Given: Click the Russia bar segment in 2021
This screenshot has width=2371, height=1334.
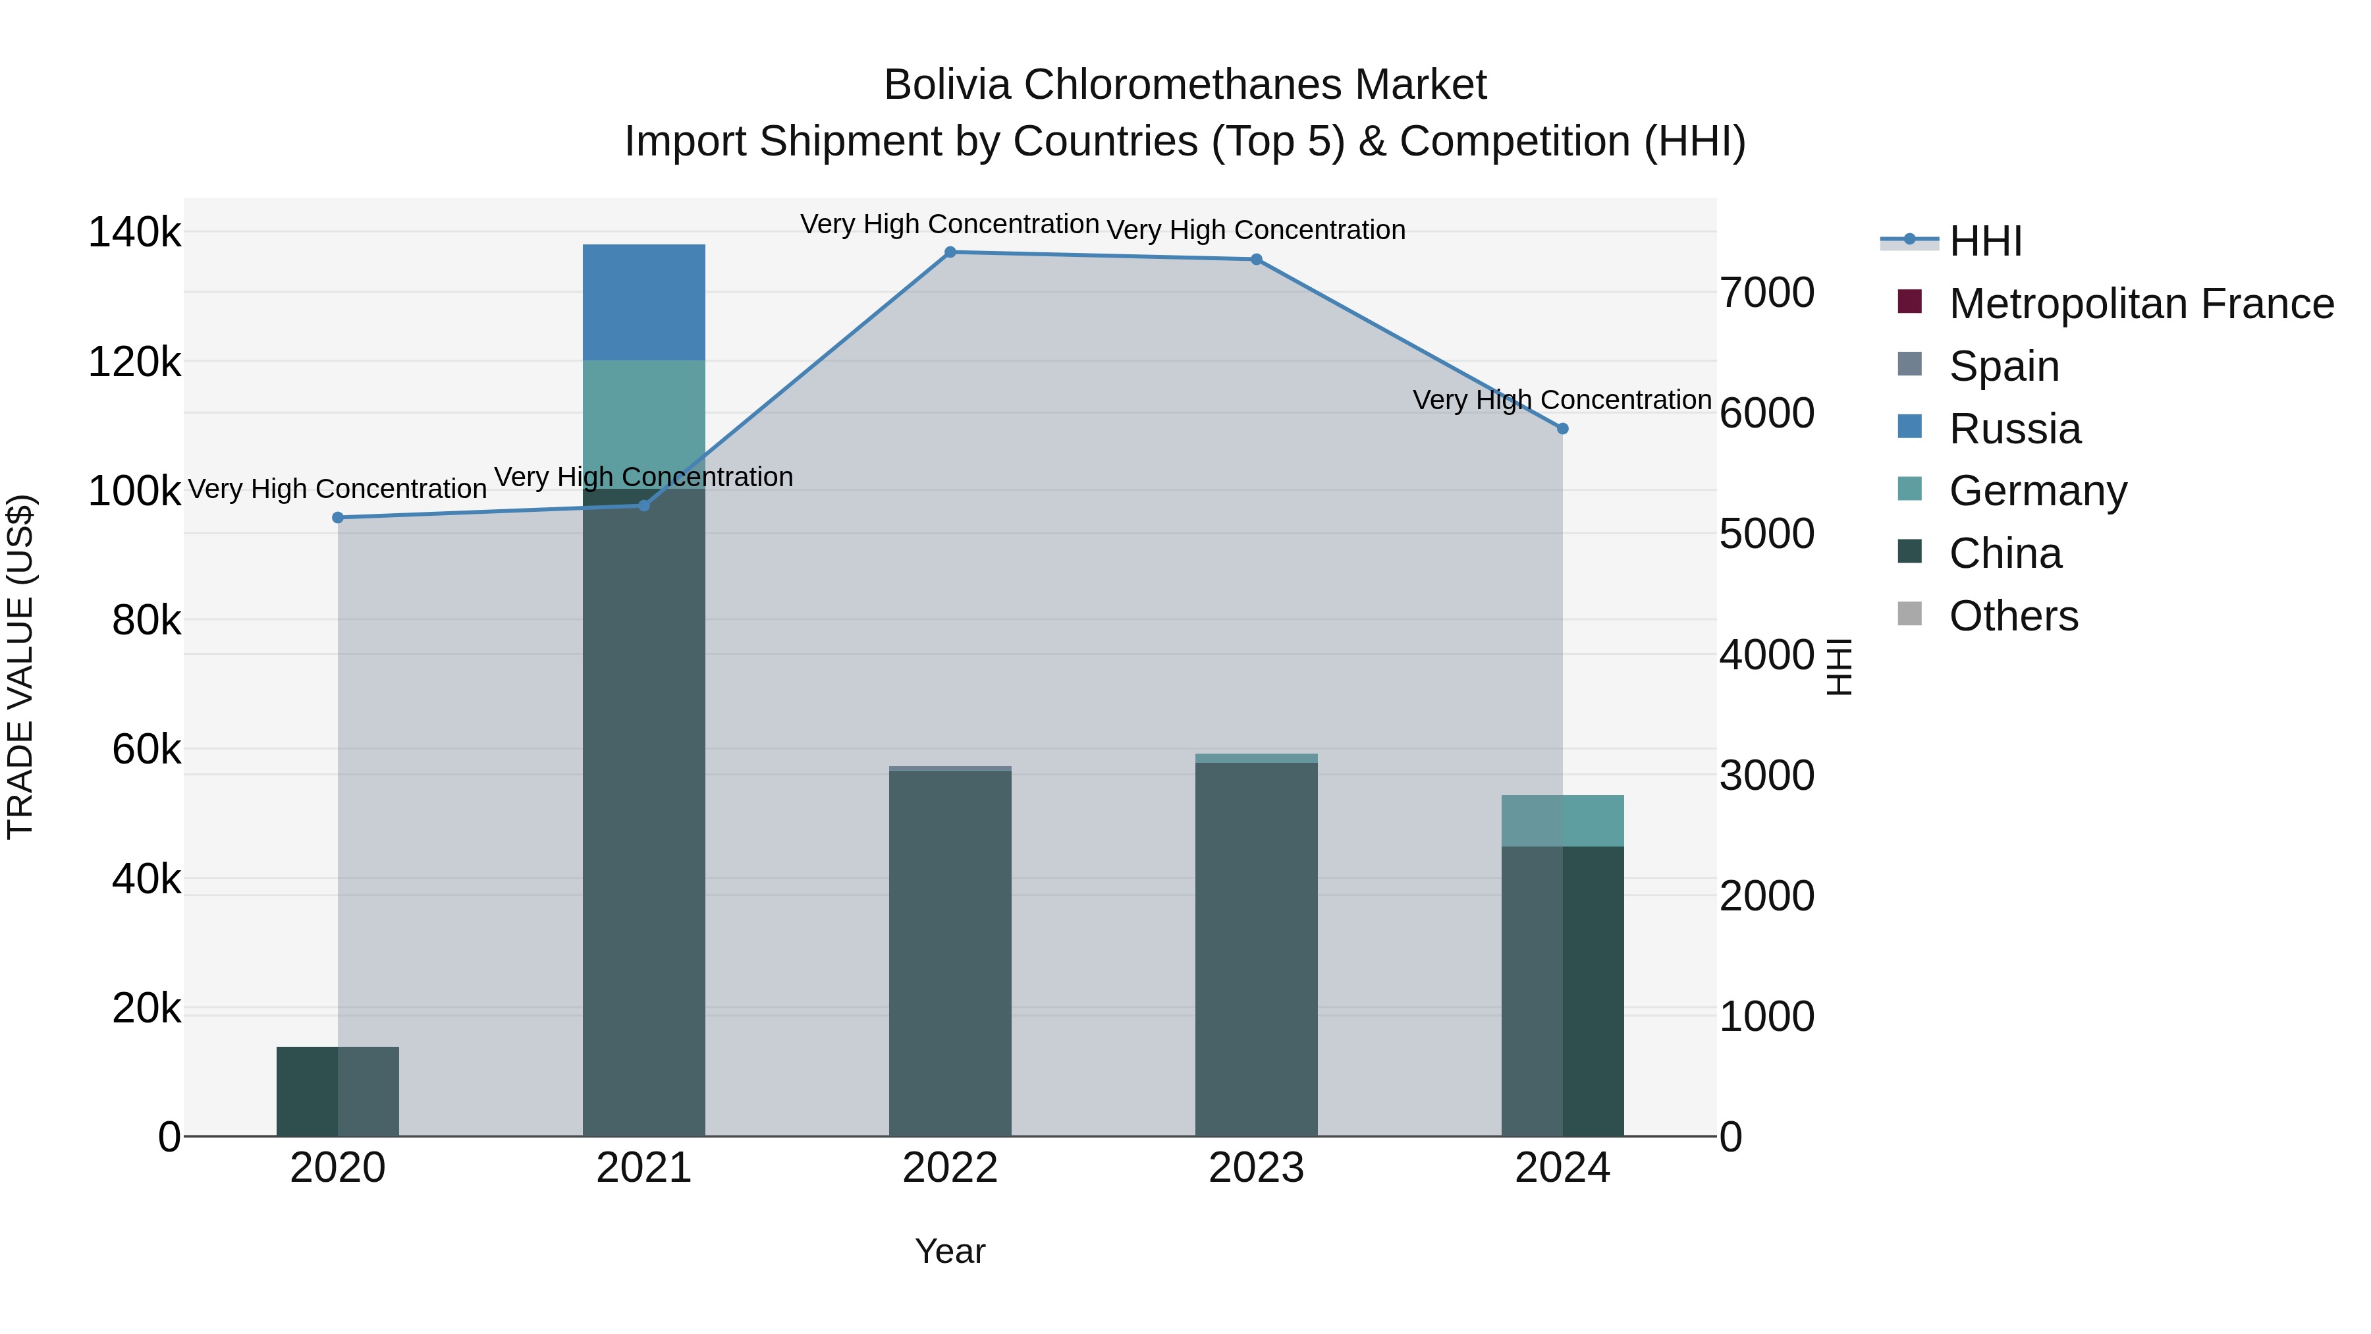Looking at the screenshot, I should (x=643, y=302).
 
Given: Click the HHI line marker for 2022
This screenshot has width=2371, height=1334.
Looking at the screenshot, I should (x=950, y=252).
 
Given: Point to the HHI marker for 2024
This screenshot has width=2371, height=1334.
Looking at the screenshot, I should (x=1562, y=429).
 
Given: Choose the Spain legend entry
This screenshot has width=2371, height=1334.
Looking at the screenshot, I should (x=2003, y=366).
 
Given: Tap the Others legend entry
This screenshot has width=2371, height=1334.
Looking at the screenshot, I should (x=2013, y=616).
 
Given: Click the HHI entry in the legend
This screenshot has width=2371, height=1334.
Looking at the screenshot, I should (x=1985, y=241).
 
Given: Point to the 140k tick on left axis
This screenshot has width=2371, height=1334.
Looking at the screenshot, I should (x=134, y=232).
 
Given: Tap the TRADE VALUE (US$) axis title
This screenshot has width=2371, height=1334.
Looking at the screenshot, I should (x=20, y=667).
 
